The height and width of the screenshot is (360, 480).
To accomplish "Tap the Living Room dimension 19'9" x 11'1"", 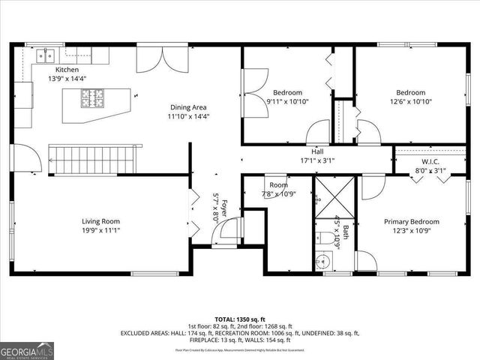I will [100, 230].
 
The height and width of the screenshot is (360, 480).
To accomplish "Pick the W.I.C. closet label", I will [430, 161].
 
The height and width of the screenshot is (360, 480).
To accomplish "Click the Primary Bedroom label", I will [411, 222].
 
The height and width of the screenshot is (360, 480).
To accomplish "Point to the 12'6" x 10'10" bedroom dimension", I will [411, 102].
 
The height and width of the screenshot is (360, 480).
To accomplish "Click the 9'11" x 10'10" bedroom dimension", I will [287, 102].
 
